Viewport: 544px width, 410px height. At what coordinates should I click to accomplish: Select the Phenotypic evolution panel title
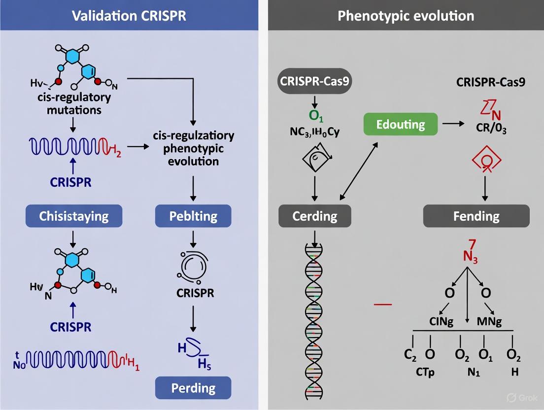(x=406, y=16)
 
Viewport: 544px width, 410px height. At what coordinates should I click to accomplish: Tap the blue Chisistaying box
(x=74, y=216)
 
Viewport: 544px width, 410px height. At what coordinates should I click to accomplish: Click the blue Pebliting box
(x=194, y=216)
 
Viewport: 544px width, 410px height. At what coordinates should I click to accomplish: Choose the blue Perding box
(x=194, y=388)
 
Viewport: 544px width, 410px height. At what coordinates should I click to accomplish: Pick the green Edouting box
(x=400, y=124)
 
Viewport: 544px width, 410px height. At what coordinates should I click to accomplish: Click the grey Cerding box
(x=314, y=216)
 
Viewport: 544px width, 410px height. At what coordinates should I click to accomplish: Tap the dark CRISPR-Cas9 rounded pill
(x=315, y=82)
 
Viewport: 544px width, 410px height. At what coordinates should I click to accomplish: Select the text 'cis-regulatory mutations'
(x=74, y=103)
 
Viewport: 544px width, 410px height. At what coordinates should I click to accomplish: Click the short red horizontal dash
(x=383, y=304)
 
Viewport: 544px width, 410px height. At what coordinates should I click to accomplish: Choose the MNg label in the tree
(x=489, y=322)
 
